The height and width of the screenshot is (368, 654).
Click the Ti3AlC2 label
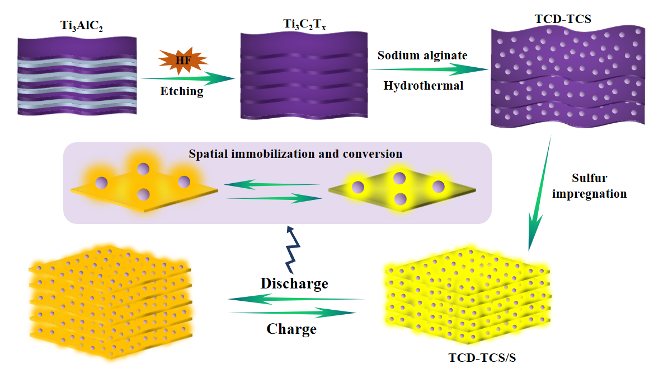pyautogui.click(x=77, y=26)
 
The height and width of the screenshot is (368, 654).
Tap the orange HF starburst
pyautogui.click(x=176, y=60)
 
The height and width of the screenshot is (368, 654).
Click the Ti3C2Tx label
pyautogui.click(x=303, y=25)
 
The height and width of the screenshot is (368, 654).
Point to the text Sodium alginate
pyautogui.click(x=422, y=55)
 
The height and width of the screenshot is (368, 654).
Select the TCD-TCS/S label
pyautogui.click(x=484, y=356)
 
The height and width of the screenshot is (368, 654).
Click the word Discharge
pyautogui.click(x=294, y=283)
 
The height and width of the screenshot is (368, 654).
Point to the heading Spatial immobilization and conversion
pyautogui.click(x=295, y=153)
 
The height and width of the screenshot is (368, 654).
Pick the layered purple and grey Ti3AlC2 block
pyautogui.click(x=77, y=76)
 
